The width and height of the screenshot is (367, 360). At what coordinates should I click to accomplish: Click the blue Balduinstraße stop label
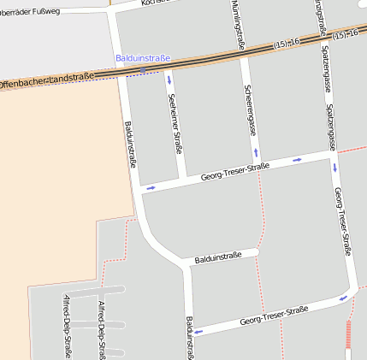(143, 58)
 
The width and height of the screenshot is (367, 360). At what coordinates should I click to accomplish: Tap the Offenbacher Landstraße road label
(46, 82)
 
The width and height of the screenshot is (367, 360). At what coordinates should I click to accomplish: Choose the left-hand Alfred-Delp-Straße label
(67, 326)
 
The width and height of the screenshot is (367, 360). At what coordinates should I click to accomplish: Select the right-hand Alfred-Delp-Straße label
(102, 329)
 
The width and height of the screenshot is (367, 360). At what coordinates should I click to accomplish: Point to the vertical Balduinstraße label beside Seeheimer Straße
(130, 144)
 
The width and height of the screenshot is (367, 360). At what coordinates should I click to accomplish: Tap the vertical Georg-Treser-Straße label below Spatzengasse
(342, 221)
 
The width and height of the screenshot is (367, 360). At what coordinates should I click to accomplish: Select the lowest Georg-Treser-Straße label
(274, 318)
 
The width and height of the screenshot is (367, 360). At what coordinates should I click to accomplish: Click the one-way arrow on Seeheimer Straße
(169, 81)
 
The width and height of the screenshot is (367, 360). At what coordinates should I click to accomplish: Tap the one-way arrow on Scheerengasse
(256, 154)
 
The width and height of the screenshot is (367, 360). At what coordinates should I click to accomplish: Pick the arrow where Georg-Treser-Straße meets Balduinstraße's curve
(151, 187)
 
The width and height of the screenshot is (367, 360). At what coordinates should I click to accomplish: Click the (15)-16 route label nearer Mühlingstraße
(287, 44)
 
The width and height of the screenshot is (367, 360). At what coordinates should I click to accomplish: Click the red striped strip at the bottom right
(348, 335)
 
